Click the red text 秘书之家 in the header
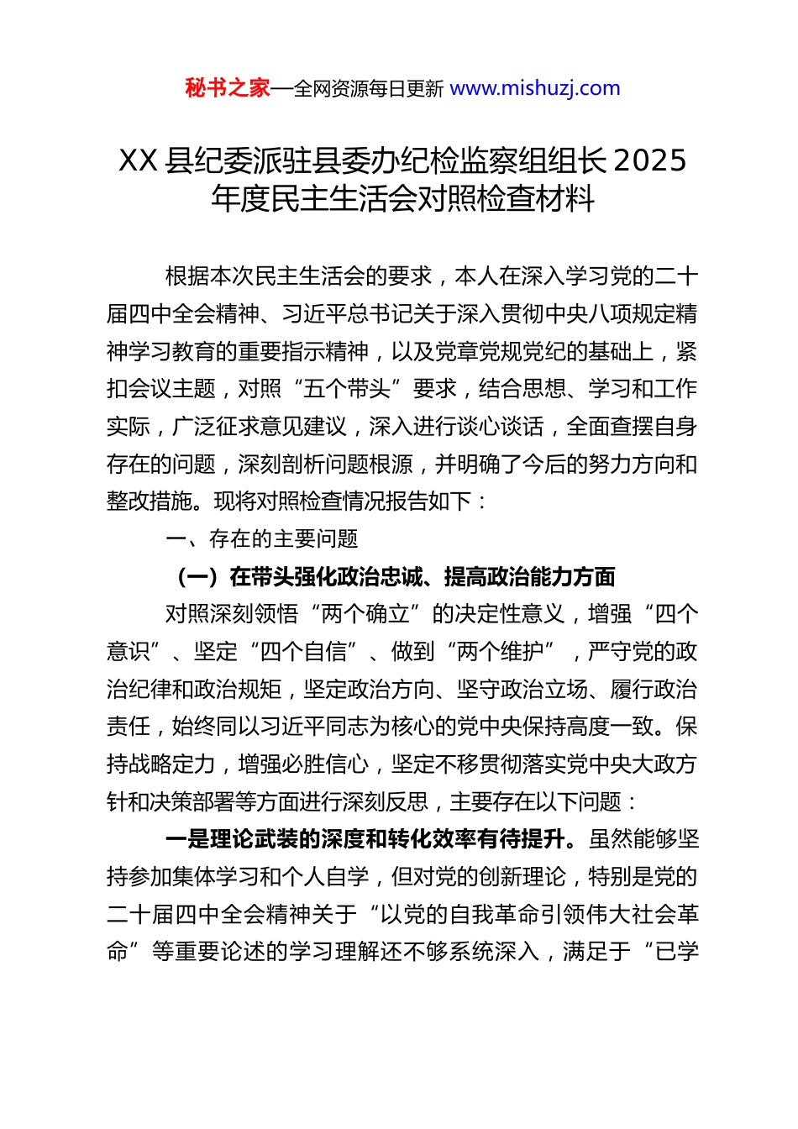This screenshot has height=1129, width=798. (228, 88)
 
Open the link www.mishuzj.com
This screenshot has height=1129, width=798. (535, 88)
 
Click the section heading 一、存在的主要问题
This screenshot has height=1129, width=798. (262, 539)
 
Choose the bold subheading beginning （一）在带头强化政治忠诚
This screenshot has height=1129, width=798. (395, 577)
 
